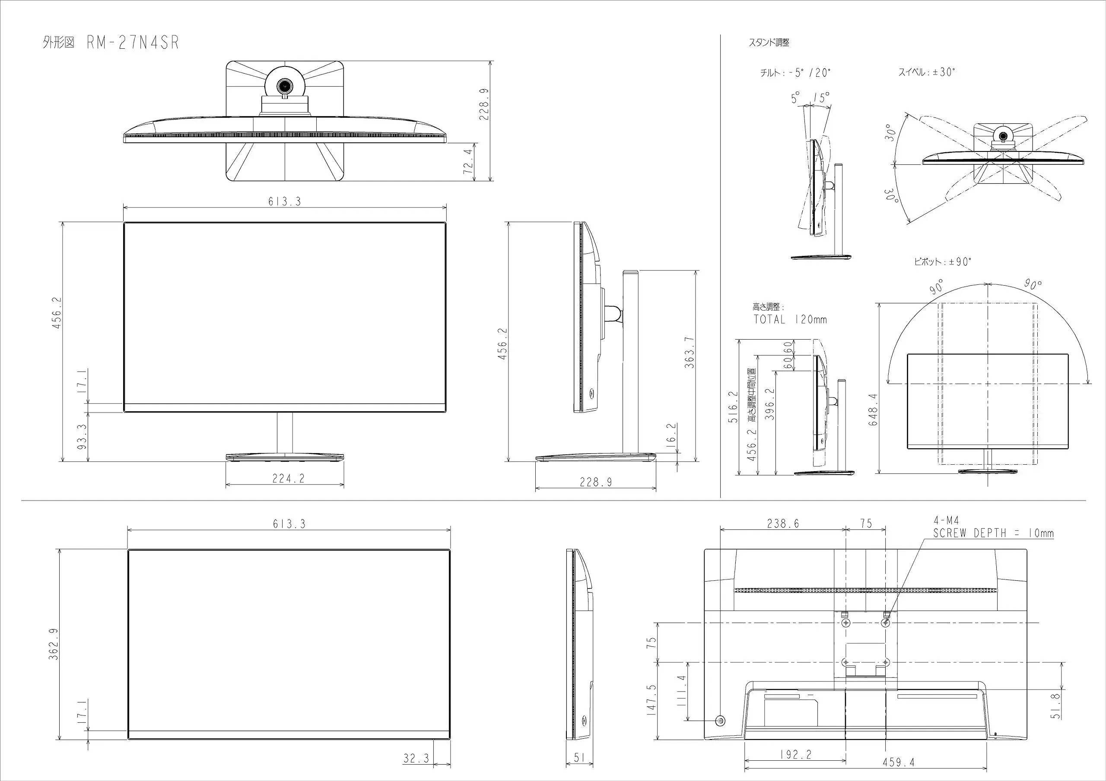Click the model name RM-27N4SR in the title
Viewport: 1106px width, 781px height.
[133, 43]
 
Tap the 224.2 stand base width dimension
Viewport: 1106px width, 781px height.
[288, 479]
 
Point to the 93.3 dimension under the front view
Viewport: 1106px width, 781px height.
[82, 437]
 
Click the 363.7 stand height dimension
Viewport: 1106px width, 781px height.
[690, 352]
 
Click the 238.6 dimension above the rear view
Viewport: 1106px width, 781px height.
[783, 523]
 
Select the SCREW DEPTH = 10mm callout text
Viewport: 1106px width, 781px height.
[993, 533]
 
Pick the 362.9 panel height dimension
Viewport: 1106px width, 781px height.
[54, 644]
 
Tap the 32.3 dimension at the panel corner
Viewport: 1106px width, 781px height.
[416, 759]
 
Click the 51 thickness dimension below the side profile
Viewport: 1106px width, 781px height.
[579, 758]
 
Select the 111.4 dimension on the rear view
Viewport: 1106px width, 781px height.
[681, 690]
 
